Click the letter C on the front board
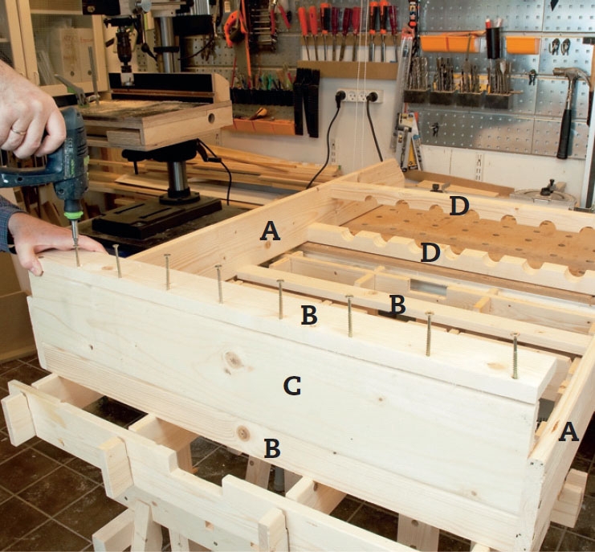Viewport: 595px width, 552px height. click(x=292, y=386)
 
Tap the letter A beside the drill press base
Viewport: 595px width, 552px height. click(x=270, y=231)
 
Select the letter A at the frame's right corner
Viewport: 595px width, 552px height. click(x=569, y=432)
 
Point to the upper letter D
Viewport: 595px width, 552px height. click(x=459, y=206)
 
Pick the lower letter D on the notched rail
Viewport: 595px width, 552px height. click(x=430, y=253)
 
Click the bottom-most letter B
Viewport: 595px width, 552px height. click(x=272, y=448)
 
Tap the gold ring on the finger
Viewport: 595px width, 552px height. click(x=18, y=131)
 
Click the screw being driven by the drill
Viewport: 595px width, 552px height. click(x=76, y=246)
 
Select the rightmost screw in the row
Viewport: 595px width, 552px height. click(x=515, y=355)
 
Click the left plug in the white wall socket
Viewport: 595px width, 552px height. click(x=340, y=96)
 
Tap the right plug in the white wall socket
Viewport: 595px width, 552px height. click(x=371, y=96)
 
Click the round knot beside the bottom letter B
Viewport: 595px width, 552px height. click(x=242, y=433)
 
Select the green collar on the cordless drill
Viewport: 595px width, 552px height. click(x=73, y=215)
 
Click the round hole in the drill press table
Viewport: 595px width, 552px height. click(x=211, y=118)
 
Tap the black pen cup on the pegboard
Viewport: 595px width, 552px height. click(x=493, y=43)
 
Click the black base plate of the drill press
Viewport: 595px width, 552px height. click(x=157, y=216)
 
